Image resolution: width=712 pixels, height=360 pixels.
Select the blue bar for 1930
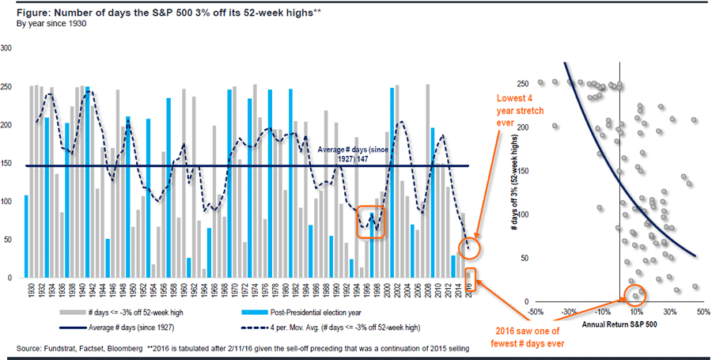tap(26, 237)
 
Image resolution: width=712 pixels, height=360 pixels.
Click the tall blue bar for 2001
tap(392, 183)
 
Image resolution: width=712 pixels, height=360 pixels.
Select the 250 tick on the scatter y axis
tap(524, 83)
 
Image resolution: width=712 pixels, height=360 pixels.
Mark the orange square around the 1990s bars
tap(371, 221)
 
